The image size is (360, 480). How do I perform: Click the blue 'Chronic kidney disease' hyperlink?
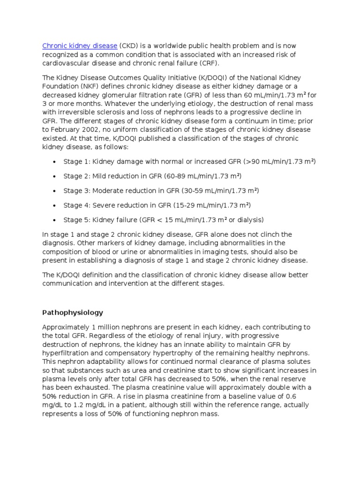80,46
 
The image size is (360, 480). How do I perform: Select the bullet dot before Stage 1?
54,162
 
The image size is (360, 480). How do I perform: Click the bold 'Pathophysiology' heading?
73,313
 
